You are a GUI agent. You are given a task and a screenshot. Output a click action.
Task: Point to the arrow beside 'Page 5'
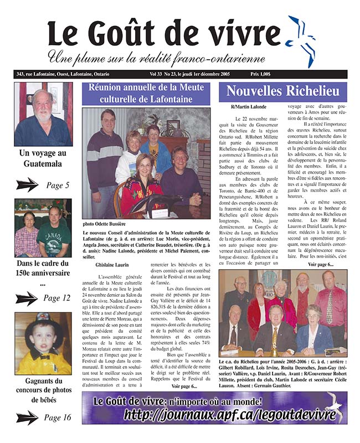tap(27, 185)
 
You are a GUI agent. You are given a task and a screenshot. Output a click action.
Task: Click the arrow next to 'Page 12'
tap(27, 298)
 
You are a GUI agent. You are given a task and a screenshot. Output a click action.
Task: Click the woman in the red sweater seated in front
tap(141, 186)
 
